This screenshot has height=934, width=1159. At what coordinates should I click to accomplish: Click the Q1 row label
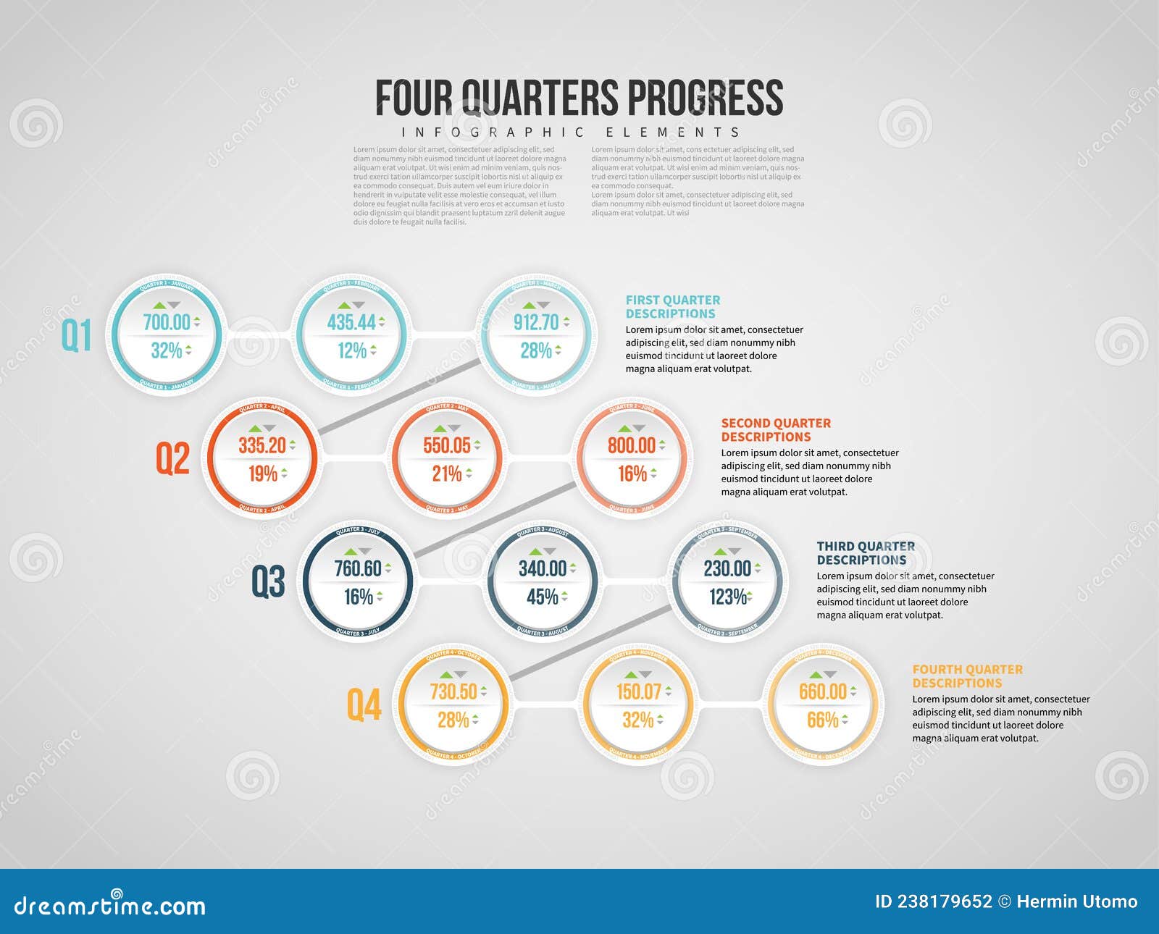[x=76, y=335]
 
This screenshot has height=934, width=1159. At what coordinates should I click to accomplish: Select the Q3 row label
[x=267, y=581]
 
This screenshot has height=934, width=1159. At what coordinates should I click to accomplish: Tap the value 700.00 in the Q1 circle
[x=167, y=322]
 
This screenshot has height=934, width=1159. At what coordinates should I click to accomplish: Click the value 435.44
[x=351, y=322]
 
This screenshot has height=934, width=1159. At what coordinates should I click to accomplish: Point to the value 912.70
[x=536, y=322]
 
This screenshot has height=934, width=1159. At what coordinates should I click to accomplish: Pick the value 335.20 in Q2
[x=262, y=445]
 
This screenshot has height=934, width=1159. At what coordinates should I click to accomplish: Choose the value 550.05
[x=447, y=445]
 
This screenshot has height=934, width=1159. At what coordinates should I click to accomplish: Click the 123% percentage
[x=727, y=597]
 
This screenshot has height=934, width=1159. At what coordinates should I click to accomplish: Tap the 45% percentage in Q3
[x=543, y=597]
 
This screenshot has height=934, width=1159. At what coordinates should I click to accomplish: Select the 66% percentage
[x=823, y=720]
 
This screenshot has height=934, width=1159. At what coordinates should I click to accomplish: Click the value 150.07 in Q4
[x=638, y=691]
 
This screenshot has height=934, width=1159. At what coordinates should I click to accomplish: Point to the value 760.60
[x=358, y=568]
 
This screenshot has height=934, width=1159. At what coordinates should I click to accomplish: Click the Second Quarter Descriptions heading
[x=776, y=429]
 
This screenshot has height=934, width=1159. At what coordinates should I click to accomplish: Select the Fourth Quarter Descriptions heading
[x=967, y=676]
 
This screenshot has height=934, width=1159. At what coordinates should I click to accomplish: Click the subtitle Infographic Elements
[x=571, y=132]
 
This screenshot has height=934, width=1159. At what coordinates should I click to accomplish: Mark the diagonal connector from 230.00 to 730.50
[x=590, y=643]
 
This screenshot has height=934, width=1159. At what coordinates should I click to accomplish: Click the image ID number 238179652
[x=945, y=901]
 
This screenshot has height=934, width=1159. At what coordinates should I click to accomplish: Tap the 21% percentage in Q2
[x=447, y=474]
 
